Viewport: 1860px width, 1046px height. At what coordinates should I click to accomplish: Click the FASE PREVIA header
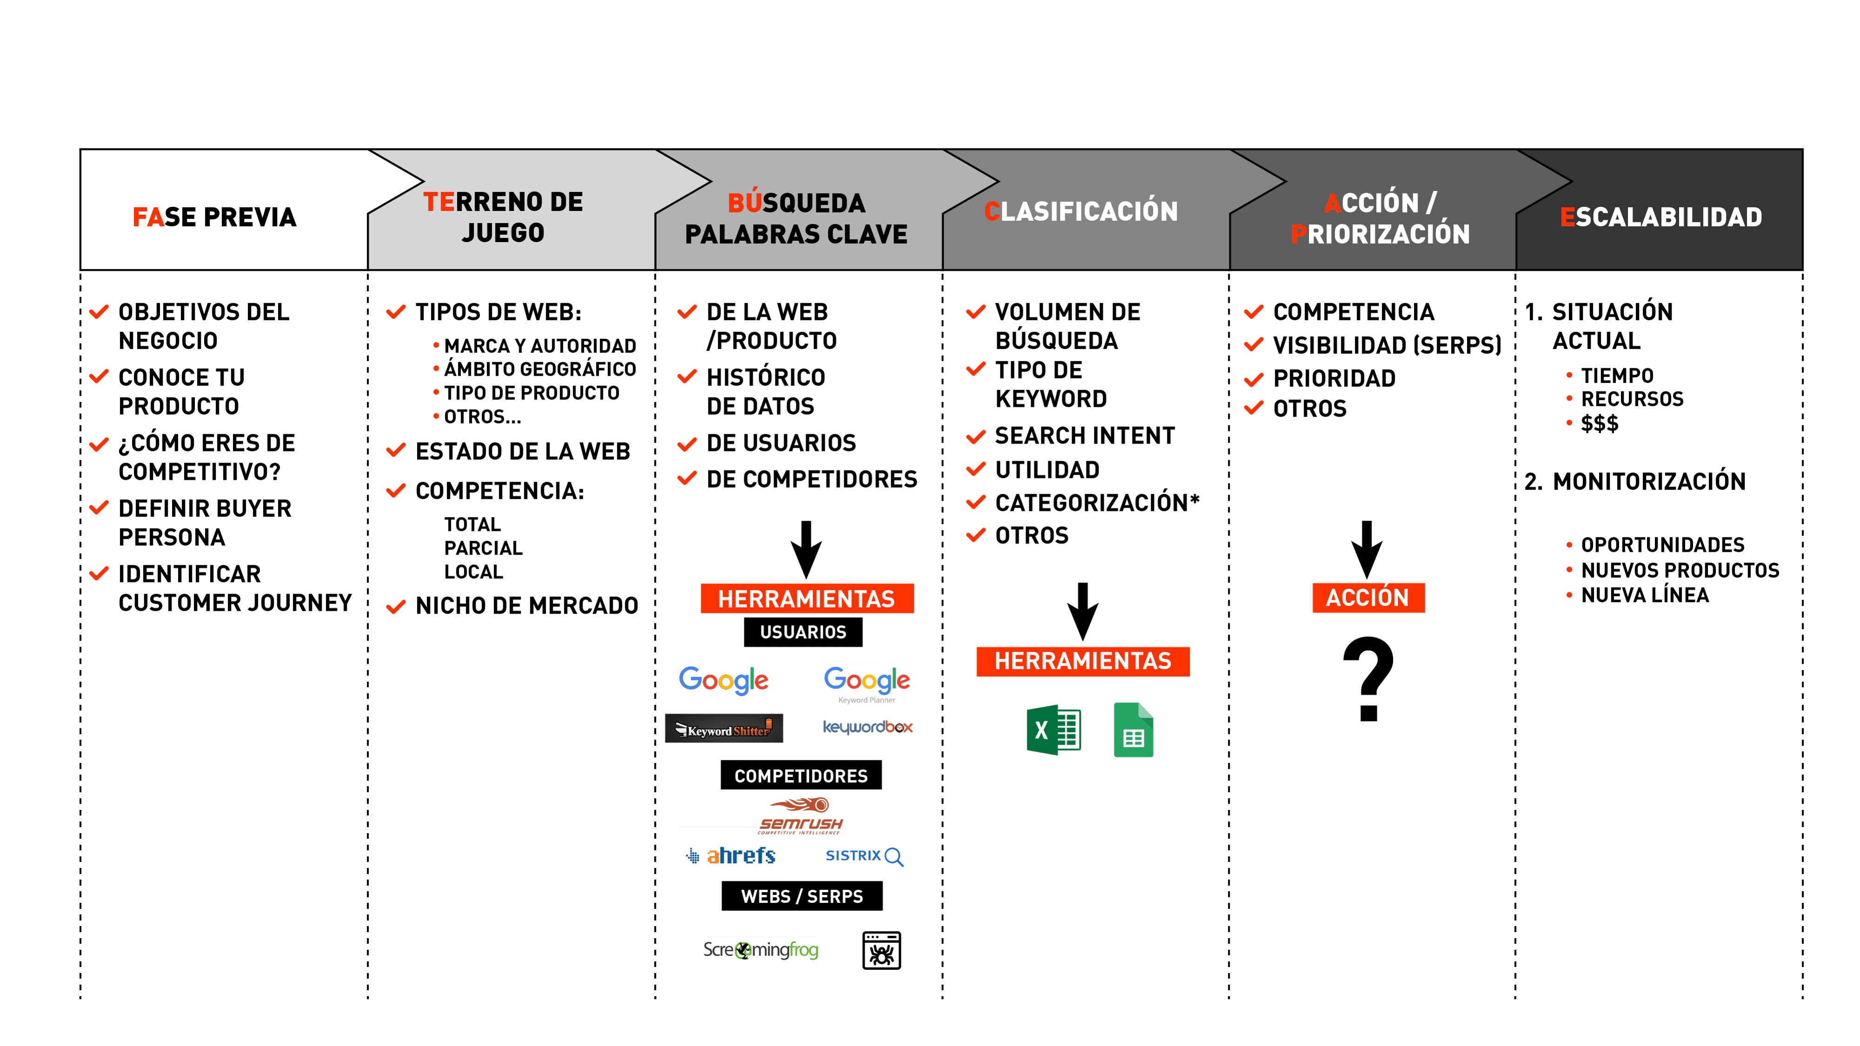214,217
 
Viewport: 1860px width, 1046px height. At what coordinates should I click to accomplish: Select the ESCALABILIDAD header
1661,217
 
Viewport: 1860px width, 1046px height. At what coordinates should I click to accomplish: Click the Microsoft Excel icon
1053,730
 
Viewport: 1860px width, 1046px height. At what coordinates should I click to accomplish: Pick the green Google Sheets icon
1133,730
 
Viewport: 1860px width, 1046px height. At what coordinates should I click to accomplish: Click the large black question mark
1368,679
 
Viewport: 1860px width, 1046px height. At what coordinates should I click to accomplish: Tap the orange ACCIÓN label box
1367,598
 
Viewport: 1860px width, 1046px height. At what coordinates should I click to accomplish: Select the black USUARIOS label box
803,632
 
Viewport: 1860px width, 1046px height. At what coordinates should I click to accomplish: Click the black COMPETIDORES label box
801,775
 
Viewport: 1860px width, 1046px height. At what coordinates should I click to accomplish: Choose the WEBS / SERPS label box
801,896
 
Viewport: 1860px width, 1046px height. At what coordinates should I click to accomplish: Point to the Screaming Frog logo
761,950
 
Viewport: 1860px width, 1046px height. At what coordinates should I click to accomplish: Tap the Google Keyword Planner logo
867,685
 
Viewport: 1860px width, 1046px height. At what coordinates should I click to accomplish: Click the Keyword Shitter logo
724,729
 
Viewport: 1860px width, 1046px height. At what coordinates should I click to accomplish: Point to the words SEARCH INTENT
1085,435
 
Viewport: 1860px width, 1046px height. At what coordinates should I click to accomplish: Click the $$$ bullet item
1600,424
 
